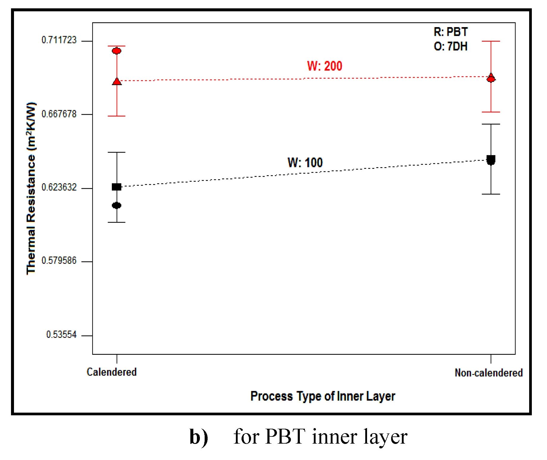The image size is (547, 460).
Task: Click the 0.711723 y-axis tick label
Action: point(59,40)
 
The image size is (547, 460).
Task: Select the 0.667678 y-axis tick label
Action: point(59,114)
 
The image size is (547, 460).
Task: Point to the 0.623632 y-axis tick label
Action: point(59,187)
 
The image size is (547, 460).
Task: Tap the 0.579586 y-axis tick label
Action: point(59,261)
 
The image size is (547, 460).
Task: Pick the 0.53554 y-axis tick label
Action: point(61,335)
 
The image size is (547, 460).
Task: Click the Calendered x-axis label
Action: point(112,372)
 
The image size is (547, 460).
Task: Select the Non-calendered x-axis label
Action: point(488,373)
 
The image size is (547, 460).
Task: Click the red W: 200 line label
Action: point(325,66)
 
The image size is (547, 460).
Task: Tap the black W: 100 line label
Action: point(305,163)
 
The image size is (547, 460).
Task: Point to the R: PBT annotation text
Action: point(451,32)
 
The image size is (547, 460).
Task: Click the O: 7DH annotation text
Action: point(451,46)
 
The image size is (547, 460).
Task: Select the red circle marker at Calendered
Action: point(117,51)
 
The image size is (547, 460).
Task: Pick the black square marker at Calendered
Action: point(117,187)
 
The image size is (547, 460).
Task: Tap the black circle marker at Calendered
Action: point(117,205)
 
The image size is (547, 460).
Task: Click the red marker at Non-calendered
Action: point(491,78)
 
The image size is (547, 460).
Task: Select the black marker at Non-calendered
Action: point(491,160)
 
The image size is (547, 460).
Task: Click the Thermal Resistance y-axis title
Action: point(31,188)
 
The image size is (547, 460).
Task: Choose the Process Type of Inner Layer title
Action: point(323,396)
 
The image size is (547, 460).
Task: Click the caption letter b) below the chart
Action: point(199,437)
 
